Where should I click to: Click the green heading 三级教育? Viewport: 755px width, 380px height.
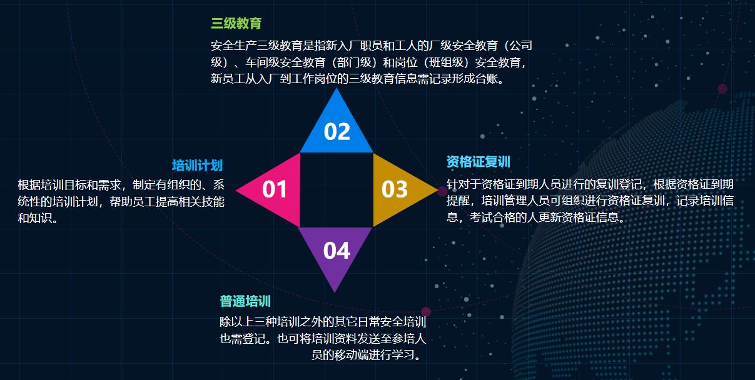[236, 23]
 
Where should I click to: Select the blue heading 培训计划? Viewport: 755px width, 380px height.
[198, 166]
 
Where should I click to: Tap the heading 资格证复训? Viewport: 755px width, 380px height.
[479, 162]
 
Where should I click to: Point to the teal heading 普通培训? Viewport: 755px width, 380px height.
[245, 301]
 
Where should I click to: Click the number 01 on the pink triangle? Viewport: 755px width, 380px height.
[275, 189]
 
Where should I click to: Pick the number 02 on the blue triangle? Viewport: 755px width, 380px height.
[337, 131]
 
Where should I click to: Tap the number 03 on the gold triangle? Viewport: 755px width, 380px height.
[394, 189]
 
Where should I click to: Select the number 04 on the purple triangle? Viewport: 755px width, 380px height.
[337, 251]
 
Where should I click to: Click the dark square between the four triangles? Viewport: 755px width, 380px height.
[337, 190]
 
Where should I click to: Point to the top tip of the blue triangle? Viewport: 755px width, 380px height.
[336, 88]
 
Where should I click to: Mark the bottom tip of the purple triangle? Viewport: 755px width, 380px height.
[335, 292]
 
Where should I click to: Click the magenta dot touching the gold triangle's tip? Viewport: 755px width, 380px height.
[442, 191]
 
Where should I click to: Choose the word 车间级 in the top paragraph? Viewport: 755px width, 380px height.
[262, 62]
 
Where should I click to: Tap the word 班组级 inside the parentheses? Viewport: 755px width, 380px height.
[446, 62]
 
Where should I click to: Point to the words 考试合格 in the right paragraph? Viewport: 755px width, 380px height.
[492, 217]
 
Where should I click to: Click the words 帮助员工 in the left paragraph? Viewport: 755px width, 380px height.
[133, 202]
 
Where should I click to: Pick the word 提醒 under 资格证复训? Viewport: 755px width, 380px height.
[458, 201]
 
